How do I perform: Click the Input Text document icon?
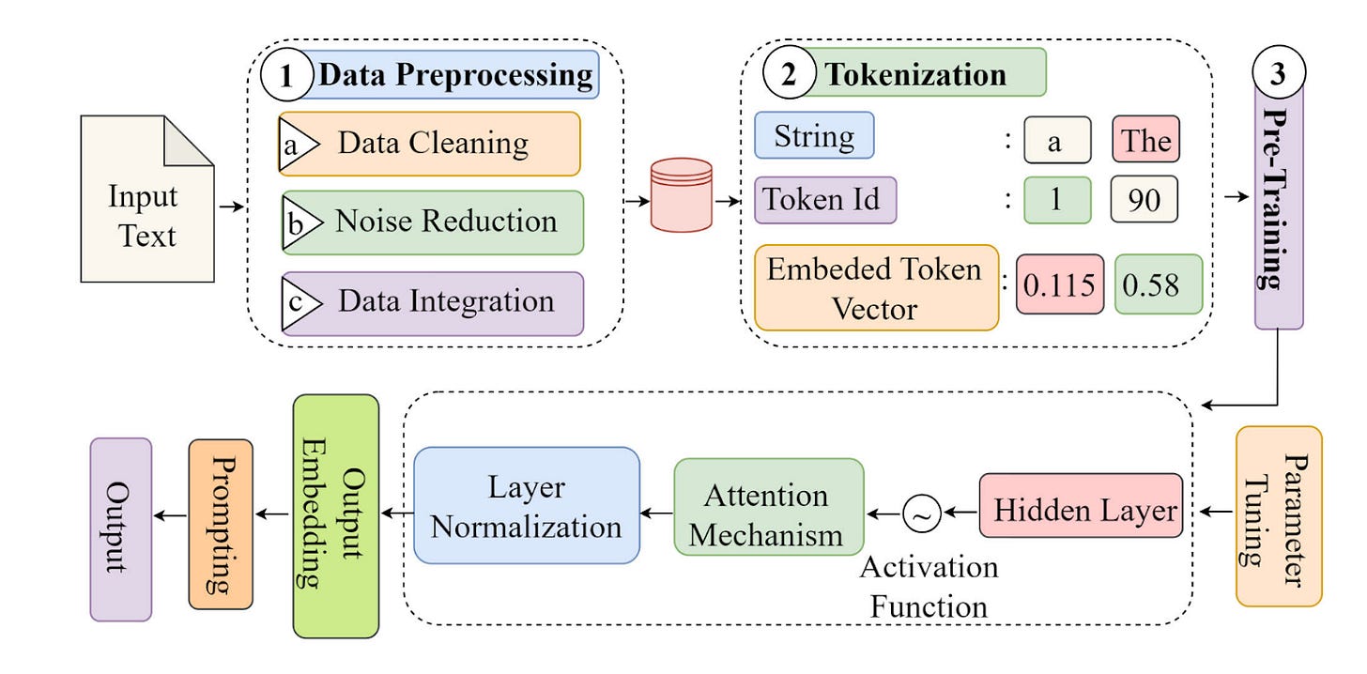pos(147,199)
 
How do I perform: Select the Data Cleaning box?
pos(430,144)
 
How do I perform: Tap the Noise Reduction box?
pos(433,222)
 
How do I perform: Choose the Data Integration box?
pos(433,304)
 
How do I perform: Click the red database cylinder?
pos(681,195)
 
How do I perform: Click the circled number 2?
pos(789,72)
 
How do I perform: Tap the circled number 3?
pos(1279,72)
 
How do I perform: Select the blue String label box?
pos(814,135)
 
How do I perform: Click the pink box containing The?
pos(1145,140)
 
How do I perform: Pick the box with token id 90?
pos(1144,199)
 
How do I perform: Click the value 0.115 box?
pos(1060,284)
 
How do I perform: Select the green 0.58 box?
pos(1159,284)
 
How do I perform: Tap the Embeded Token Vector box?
pos(876,288)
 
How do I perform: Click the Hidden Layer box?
pos(1081,506)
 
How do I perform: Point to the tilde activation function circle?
pos(922,513)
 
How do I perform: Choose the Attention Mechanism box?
pos(769,508)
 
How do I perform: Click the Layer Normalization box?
pos(527,506)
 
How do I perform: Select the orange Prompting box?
pos(221,525)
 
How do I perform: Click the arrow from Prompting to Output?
pos(170,516)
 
